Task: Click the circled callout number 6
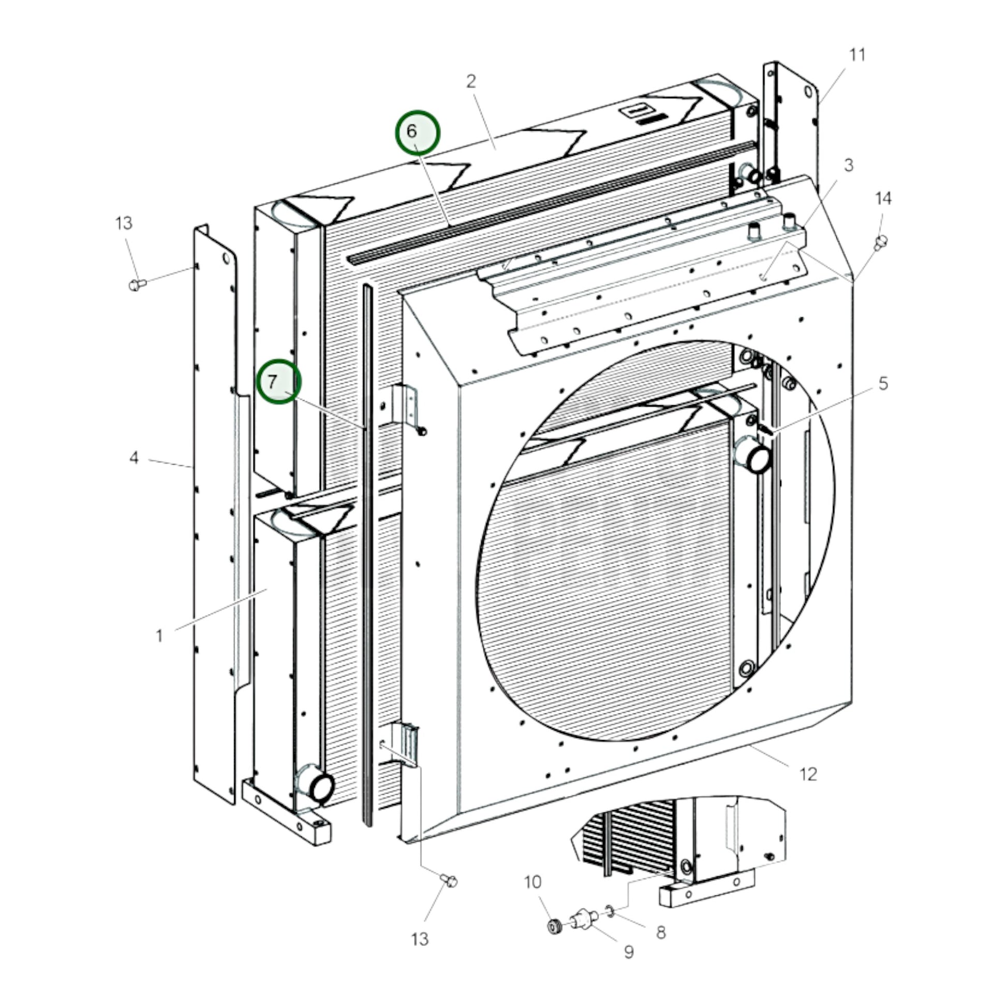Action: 417,132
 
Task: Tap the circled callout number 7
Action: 279,381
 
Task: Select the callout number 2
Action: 471,81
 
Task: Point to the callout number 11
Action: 857,55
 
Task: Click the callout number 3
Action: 849,165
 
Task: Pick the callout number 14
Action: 883,199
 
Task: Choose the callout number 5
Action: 883,383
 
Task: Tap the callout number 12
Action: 808,774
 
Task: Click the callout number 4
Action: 134,457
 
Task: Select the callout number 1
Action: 159,636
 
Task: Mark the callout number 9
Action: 629,952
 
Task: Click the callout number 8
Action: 661,932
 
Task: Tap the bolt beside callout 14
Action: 881,242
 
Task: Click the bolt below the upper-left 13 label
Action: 137,285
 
